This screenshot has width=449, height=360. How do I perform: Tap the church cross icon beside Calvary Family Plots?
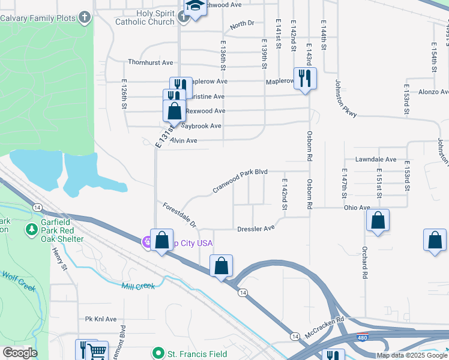(85, 17)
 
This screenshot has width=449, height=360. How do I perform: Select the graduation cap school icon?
(194, 5)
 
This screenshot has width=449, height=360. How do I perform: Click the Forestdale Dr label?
(179, 215)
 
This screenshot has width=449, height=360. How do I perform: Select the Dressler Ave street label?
(256, 228)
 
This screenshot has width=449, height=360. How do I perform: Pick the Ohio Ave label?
(357, 208)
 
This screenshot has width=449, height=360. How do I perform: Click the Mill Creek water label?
(138, 287)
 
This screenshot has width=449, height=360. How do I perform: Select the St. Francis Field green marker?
(158, 354)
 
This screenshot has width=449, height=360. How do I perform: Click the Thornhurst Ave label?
(150, 62)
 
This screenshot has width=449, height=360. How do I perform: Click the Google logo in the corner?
(20, 353)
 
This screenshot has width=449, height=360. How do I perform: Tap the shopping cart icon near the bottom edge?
(97, 352)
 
